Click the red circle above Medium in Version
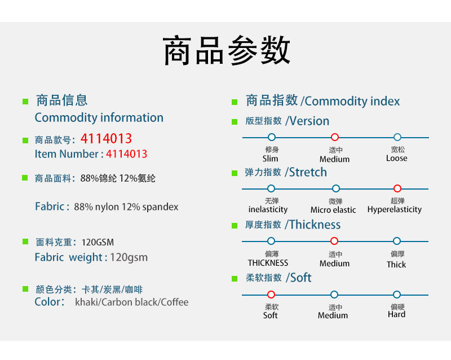click(x=334, y=137)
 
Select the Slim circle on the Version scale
click(x=271, y=137)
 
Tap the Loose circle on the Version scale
click(x=397, y=137)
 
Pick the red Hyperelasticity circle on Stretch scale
click(x=397, y=188)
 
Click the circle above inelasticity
click(x=271, y=188)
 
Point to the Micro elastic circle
click(x=335, y=188)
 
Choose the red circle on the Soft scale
click(x=271, y=295)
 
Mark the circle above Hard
click(x=397, y=295)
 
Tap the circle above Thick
click(x=397, y=241)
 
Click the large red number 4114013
click(x=106, y=139)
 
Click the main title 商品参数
click(x=227, y=51)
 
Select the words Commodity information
click(x=99, y=117)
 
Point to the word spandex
click(x=161, y=207)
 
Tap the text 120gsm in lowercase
click(x=129, y=257)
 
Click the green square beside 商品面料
click(x=25, y=178)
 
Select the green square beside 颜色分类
click(x=25, y=289)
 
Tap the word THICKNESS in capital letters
click(x=268, y=263)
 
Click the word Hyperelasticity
click(x=395, y=209)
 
